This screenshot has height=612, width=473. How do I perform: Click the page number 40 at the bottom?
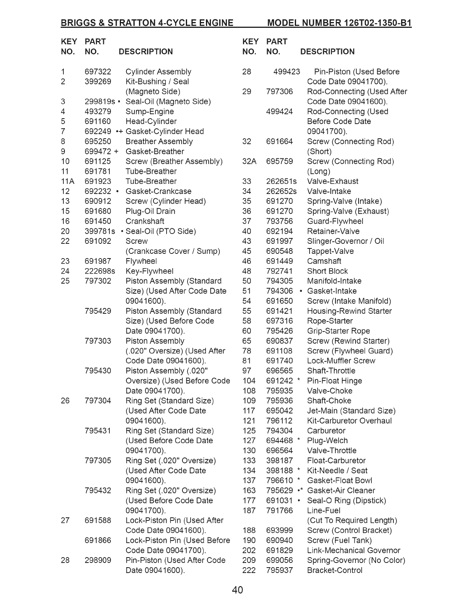(x=237, y=590)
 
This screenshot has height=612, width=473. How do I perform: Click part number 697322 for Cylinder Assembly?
(x=98, y=72)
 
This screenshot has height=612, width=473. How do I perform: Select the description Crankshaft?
(x=145, y=221)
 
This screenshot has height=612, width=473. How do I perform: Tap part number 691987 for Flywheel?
(x=98, y=261)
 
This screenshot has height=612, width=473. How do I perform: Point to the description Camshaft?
(x=324, y=261)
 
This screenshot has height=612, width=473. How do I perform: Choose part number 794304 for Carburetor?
(x=279, y=431)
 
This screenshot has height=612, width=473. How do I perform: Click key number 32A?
(x=249, y=161)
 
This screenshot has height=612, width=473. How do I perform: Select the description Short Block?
(x=327, y=271)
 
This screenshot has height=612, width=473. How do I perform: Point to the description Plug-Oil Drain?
(x=150, y=211)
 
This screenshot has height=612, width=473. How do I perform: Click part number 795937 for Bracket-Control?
(x=279, y=571)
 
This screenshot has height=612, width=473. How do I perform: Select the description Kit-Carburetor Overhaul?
(x=349, y=421)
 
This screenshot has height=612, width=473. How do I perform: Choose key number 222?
(x=249, y=571)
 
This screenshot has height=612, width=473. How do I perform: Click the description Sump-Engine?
(x=150, y=112)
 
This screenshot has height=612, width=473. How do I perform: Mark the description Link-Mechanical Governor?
(x=354, y=551)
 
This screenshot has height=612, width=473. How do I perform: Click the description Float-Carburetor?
(x=336, y=461)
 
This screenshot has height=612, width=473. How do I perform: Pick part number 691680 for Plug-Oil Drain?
(x=98, y=211)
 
